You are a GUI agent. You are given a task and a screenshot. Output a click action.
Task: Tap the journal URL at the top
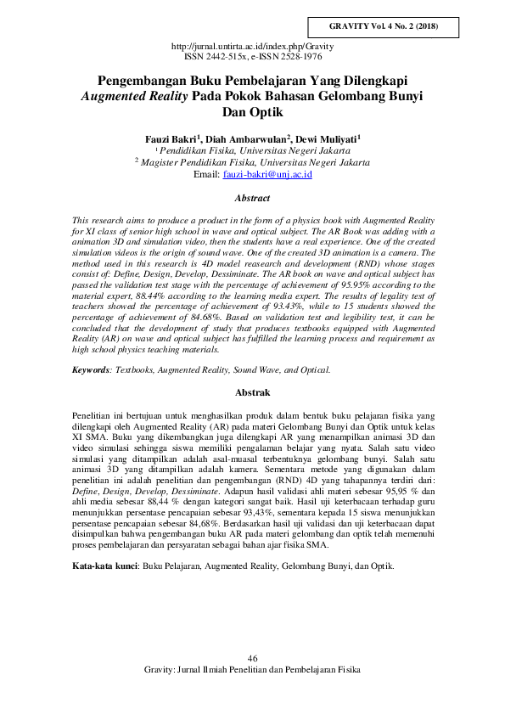(x=252, y=46)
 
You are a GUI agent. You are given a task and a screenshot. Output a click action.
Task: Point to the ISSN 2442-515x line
(x=252, y=56)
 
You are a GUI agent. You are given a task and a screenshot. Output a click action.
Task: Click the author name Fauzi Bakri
(x=172, y=138)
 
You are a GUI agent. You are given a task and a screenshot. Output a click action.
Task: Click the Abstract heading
(x=252, y=199)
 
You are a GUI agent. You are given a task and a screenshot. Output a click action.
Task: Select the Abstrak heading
(x=252, y=393)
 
